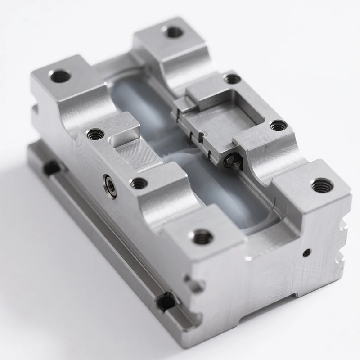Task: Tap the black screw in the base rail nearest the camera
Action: [x=166, y=300]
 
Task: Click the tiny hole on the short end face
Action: [x=306, y=252]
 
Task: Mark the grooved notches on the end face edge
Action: [x=343, y=243]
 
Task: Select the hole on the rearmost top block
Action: [x=172, y=32]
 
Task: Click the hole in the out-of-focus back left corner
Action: [x=60, y=76]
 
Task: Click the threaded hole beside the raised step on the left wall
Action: [x=95, y=134]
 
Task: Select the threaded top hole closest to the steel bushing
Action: [x=139, y=182]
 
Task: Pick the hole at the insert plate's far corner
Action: [x=232, y=79]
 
